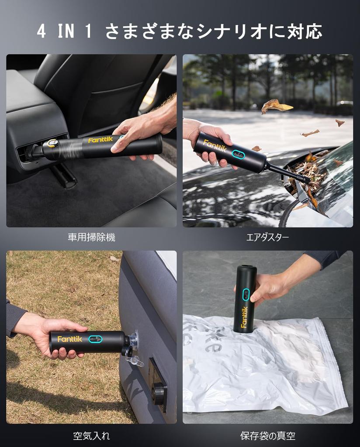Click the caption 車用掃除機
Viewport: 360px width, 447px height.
91,237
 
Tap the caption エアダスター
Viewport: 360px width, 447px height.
267,237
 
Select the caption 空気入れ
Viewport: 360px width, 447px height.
91,435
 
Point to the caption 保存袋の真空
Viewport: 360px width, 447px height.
267,435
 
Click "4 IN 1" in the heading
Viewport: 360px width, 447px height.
65,32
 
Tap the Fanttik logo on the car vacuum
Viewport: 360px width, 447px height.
100,140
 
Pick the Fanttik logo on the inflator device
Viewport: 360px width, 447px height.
69,339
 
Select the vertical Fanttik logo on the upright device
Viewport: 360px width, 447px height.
244,317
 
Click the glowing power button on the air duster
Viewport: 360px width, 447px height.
238,154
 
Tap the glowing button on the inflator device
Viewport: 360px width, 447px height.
95,339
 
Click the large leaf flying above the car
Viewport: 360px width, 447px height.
276,106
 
